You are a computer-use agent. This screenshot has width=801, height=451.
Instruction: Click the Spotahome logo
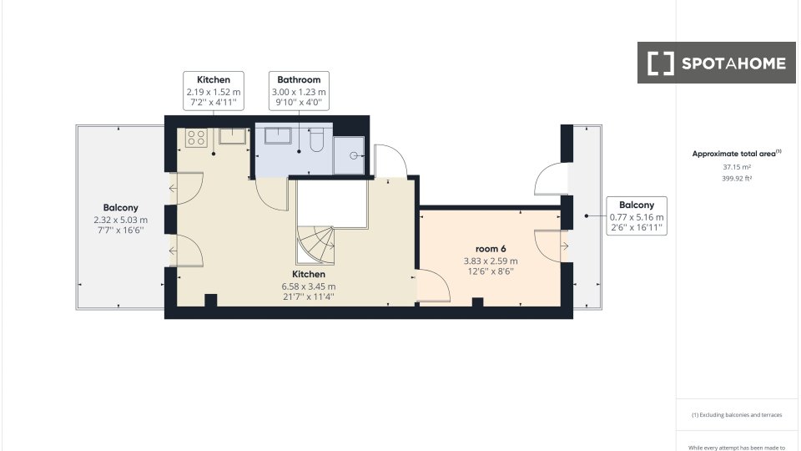point(716,63)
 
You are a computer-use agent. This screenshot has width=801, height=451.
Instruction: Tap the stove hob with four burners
point(196,138)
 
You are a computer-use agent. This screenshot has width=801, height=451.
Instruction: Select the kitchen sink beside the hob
point(233,136)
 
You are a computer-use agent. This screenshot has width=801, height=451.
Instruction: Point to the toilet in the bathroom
point(317,140)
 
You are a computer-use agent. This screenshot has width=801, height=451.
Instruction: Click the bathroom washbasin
point(278,136)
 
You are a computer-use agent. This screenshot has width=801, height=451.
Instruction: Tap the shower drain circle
point(353,155)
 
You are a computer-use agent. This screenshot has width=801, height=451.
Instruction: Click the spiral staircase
point(315,246)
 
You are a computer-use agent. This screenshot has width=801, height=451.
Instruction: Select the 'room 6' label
point(491,249)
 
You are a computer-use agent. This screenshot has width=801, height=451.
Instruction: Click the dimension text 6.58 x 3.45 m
point(309,286)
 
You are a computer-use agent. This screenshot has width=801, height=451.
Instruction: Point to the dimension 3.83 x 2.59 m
point(491,261)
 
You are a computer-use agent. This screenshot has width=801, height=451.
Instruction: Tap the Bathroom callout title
point(299,80)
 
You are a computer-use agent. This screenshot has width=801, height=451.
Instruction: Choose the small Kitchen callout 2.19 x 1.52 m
point(214,92)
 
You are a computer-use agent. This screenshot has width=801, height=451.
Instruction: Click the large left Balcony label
point(120,208)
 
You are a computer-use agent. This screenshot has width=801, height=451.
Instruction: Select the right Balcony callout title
point(637,205)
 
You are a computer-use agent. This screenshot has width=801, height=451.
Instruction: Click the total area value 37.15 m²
point(737,167)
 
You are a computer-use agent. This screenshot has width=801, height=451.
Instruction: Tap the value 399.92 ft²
point(737,179)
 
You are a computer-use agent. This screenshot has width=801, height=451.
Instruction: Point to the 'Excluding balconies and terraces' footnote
point(737,415)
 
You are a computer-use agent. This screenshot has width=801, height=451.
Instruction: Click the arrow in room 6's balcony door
point(565,246)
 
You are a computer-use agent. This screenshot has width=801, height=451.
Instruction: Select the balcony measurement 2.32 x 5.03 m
point(120,220)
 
